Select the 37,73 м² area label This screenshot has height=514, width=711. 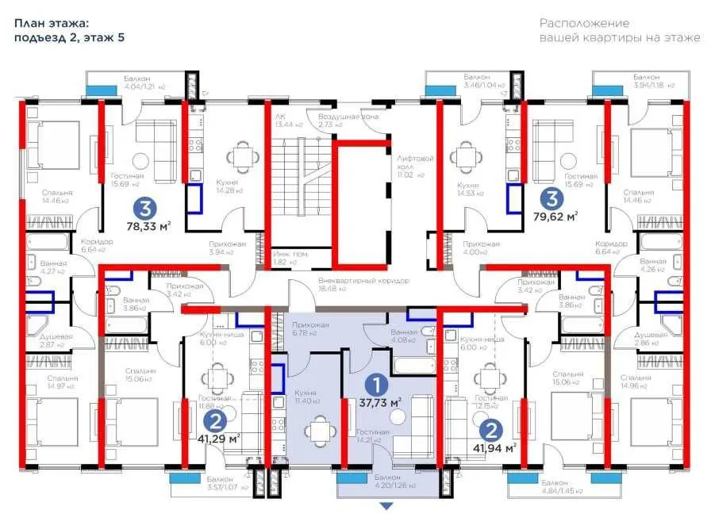[x=381, y=402]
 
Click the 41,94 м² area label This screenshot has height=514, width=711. [x=497, y=447]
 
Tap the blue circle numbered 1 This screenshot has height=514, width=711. [x=380, y=384]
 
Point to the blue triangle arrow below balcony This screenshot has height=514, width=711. [x=386, y=505]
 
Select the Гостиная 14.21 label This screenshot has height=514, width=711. [x=373, y=435]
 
